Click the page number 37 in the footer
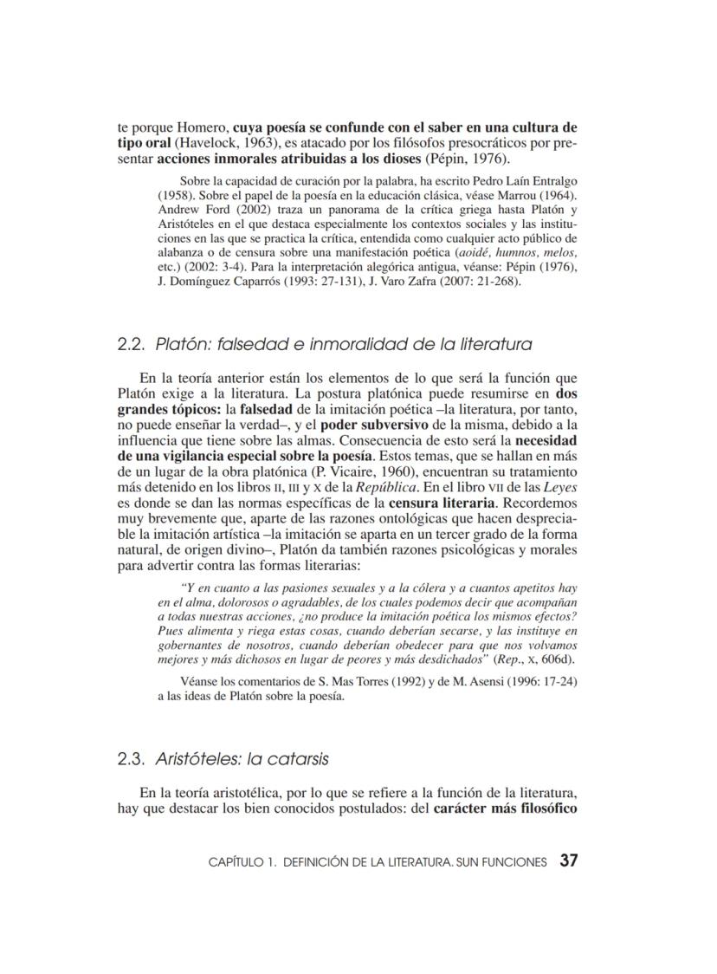pyautogui.click(x=568, y=861)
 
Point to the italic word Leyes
pyautogui.click(x=562, y=487)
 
